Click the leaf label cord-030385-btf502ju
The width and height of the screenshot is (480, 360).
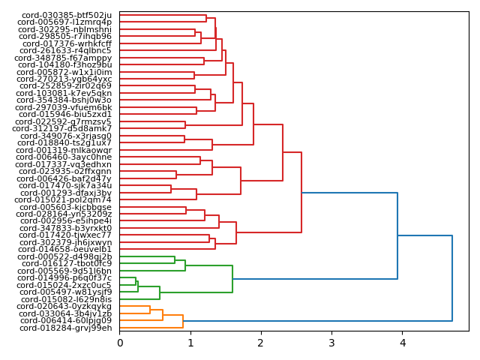click(x=66, y=15)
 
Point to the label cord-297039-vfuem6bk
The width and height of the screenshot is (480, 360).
click(x=65, y=107)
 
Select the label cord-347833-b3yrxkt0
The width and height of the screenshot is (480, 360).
click(x=65, y=228)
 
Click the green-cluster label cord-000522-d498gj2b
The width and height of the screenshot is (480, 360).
click(x=65, y=256)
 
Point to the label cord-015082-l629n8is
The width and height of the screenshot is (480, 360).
click(x=65, y=299)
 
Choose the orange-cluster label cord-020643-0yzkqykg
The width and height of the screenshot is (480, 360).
click(x=65, y=306)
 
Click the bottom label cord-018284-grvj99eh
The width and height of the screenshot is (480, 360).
click(x=65, y=328)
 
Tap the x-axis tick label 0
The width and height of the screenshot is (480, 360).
click(x=119, y=343)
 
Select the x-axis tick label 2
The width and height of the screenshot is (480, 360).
click(x=261, y=343)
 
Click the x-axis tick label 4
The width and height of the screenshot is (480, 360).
click(x=402, y=343)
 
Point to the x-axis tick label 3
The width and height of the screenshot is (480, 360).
click(x=331, y=343)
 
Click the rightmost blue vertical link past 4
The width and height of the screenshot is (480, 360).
click(x=452, y=278)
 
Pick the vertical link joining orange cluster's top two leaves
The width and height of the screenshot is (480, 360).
click(x=150, y=310)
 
